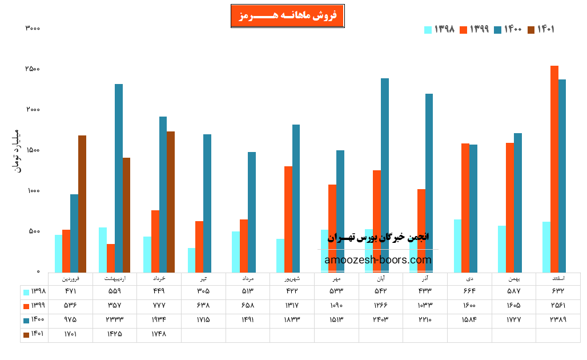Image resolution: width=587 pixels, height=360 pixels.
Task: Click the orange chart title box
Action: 287,16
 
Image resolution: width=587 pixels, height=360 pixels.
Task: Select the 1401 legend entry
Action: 541,29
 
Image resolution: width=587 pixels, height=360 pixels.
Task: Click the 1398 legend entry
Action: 439,29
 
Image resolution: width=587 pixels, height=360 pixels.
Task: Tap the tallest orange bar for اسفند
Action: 554,169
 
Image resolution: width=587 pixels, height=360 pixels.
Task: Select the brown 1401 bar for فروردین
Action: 82,203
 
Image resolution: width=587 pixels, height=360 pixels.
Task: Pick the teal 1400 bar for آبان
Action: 385,175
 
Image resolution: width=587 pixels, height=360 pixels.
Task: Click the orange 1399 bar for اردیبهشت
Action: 111,258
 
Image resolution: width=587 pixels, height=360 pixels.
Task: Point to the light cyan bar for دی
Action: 457,246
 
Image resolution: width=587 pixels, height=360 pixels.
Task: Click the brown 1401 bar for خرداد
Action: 171,202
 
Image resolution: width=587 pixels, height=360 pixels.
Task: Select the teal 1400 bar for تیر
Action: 207,203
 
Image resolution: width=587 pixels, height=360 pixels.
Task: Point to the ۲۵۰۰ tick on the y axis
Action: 32,69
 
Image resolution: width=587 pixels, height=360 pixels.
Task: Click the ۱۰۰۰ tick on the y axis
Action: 32,191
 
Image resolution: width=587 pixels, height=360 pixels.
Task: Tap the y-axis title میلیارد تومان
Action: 16,151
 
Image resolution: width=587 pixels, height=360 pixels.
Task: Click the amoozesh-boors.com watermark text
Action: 378,260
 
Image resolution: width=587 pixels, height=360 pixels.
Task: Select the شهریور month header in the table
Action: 292,279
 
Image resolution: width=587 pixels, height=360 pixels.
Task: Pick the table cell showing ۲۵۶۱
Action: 558,306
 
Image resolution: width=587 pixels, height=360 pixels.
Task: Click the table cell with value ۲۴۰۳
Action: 381,319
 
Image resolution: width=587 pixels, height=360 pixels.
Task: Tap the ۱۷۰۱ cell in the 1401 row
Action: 70,334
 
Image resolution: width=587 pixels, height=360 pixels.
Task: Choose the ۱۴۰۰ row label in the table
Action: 34,319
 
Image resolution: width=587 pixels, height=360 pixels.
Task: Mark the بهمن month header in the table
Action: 513,279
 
